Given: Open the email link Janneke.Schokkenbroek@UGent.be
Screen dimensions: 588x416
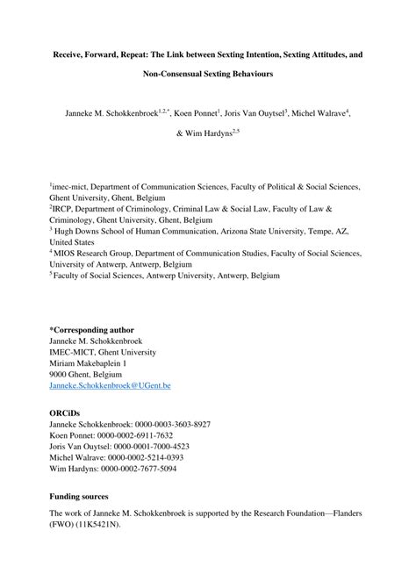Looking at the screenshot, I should (110, 385).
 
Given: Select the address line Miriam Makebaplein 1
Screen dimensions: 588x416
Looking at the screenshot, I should (89, 362).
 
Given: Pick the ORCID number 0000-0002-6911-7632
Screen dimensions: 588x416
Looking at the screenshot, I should (137, 435).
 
